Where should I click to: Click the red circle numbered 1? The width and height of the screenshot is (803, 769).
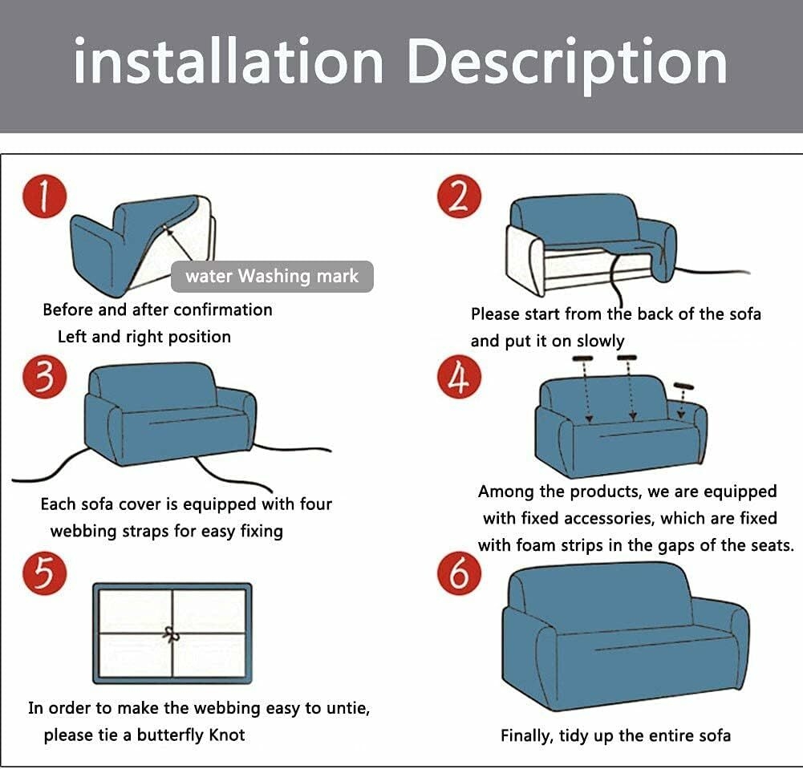[45, 197]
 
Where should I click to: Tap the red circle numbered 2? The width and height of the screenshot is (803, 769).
[459, 197]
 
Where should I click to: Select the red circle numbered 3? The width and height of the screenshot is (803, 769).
[45, 376]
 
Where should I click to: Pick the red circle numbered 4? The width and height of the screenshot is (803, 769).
[459, 376]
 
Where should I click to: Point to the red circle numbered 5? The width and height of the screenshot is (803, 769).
[45, 573]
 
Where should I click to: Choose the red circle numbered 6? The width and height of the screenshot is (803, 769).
[459, 573]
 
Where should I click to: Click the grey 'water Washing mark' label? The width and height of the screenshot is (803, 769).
[272, 277]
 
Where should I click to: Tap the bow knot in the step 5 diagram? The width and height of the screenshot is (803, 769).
[172, 635]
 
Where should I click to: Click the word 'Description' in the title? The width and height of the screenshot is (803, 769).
[567, 62]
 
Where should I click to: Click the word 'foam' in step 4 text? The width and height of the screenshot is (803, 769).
[534, 545]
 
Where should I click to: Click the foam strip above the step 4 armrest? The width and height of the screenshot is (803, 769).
[683, 386]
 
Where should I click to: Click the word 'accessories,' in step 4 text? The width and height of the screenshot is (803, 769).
[610, 518]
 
